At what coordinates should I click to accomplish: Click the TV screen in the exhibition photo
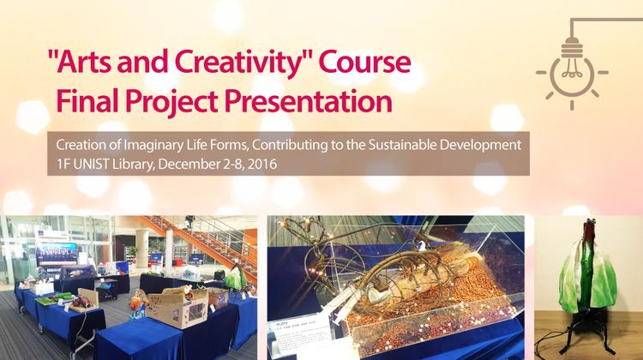[x=56, y=253]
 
